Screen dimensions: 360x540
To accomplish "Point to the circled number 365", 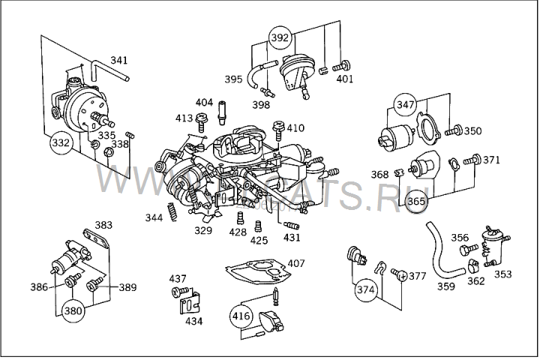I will coord(416,201).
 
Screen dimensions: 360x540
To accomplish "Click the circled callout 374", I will coord(365,289).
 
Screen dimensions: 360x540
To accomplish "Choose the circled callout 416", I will coord(241,316).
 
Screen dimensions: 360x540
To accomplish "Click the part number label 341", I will coord(119,60).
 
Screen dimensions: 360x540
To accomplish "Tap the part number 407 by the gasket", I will coord(296,263).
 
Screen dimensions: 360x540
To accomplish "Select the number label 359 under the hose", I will coord(446,286).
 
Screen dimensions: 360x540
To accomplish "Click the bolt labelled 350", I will coord(451,132).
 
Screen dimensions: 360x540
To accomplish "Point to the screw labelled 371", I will coord(472,160).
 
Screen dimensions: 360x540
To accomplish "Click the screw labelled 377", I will coord(402,277).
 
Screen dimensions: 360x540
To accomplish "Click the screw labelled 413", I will coord(201,118).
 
